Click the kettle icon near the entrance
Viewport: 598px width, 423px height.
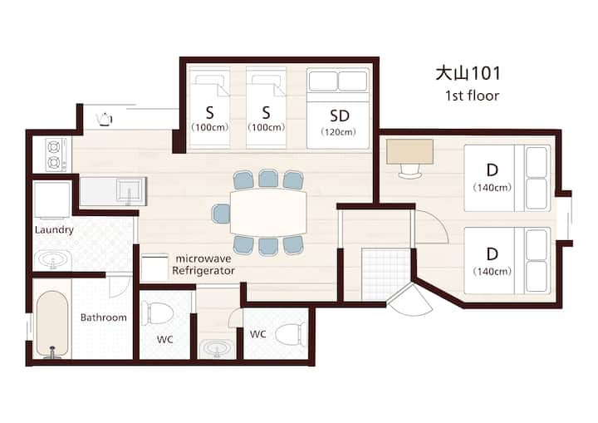coord(104,119)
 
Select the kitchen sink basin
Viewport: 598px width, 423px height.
coord(129,191)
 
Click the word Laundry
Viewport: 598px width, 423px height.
coord(54,230)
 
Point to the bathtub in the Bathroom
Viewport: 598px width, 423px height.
coord(52,324)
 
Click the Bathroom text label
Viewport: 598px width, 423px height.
coord(103,317)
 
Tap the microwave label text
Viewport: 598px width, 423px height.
coord(203,258)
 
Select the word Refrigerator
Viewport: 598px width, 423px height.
coord(203,271)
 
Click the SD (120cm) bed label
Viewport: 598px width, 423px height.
coord(339,122)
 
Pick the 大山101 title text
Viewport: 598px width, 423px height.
coord(468,73)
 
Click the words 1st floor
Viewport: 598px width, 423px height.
coord(472,96)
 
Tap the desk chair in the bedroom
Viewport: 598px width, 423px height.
coord(410,171)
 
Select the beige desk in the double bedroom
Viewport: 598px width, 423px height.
coord(409,151)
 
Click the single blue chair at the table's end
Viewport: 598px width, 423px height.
coord(221,213)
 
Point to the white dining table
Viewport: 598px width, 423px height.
coord(268,212)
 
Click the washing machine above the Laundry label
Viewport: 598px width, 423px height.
coord(52,200)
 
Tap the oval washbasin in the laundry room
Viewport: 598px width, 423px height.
coord(53,260)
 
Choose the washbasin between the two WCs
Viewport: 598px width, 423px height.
coord(217,348)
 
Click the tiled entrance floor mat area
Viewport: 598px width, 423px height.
coord(386,273)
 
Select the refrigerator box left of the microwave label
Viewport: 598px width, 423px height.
coord(154,268)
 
